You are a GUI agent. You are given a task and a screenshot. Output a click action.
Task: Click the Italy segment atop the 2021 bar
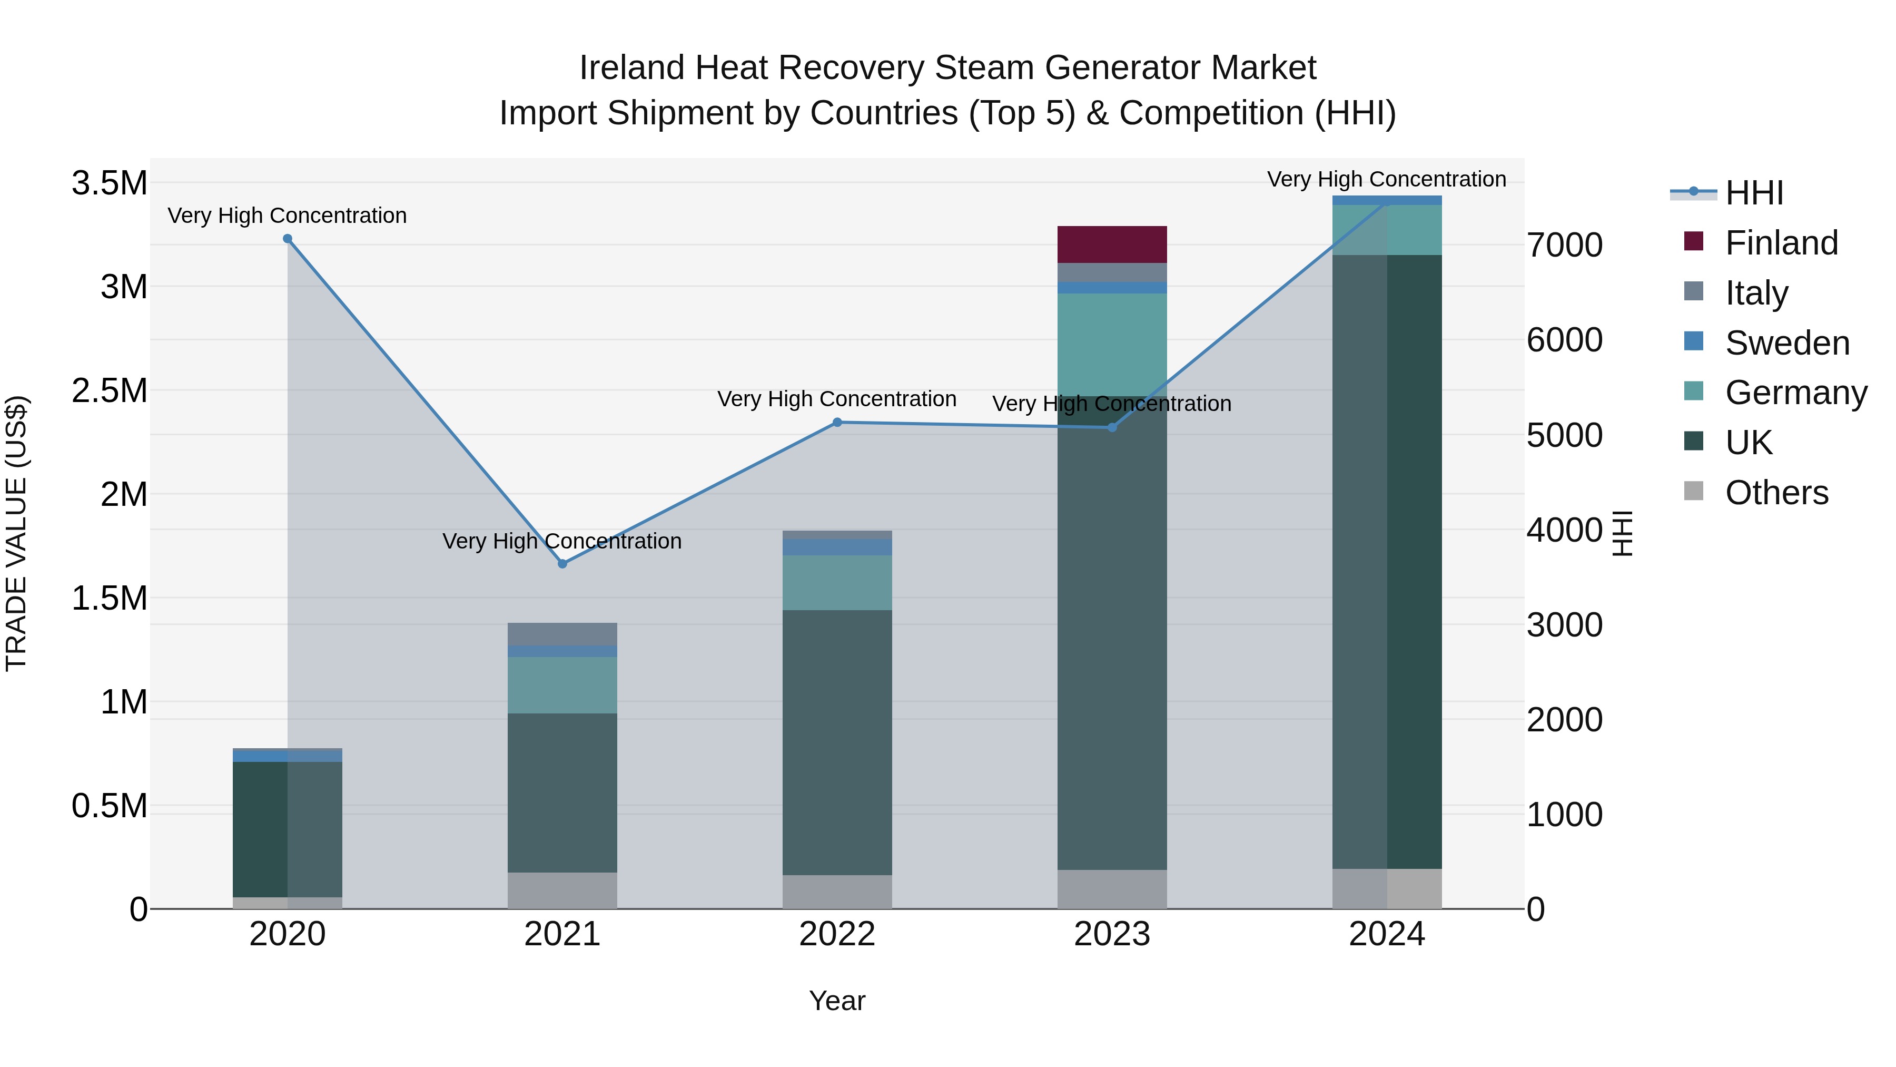click(x=562, y=633)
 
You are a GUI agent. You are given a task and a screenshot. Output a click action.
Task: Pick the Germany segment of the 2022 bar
click(x=837, y=582)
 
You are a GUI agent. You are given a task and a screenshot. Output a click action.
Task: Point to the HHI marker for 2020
click(x=288, y=239)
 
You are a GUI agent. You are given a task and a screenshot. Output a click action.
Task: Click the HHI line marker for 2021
click(x=562, y=563)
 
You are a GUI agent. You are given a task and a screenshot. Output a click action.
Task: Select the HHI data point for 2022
click(x=837, y=422)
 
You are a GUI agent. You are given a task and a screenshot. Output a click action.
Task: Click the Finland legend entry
click(x=1781, y=243)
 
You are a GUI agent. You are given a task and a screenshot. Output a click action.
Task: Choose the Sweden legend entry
click(x=1786, y=343)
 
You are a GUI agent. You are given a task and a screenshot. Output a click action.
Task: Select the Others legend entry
click(x=1776, y=493)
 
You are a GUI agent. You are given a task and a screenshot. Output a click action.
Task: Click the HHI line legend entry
click(x=1753, y=193)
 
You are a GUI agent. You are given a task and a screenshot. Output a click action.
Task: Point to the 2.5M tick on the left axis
click(x=109, y=390)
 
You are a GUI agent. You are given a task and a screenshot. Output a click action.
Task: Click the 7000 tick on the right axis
click(x=1564, y=244)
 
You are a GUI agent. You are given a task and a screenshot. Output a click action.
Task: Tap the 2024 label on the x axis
click(x=1387, y=934)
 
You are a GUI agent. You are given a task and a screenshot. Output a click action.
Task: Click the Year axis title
click(x=837, y=1001)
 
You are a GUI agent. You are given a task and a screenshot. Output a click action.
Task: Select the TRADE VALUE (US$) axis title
click(x=16, y=533)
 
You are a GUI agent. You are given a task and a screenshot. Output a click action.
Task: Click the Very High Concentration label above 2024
click(x=1387, y=179)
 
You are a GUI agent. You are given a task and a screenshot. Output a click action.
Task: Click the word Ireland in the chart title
click(x=631, y=68)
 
